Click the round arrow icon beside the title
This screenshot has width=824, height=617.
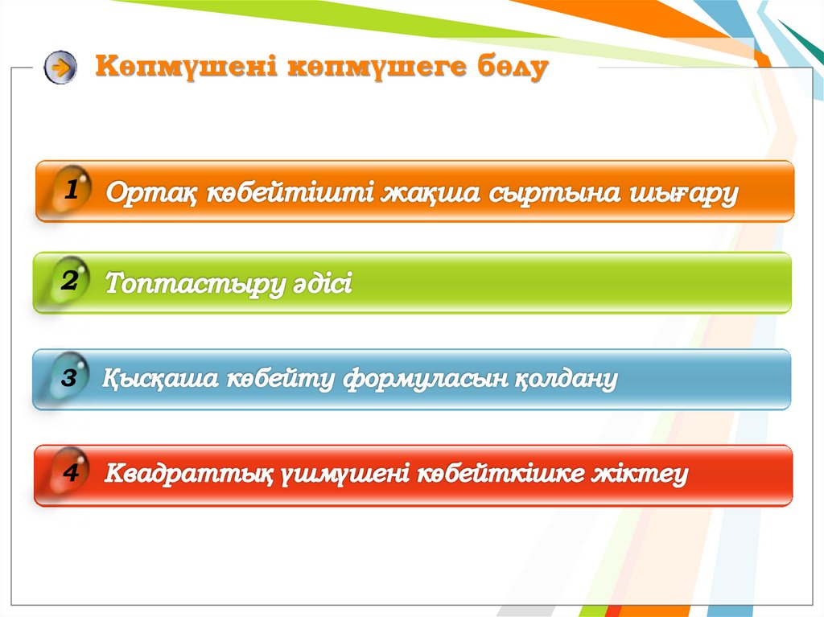click(x=60, y=68)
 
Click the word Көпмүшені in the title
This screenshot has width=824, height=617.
click(x=186, y=67)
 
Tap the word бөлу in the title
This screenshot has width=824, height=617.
click(x=513, y=68)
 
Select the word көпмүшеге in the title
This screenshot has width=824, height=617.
click(x=377, y=68)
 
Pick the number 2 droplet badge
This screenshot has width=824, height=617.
click(x=71, y=281)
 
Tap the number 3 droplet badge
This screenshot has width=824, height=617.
click(x=69, y=376)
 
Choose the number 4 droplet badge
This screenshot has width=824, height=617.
click(x=71, y=471)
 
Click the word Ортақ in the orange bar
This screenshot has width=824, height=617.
click(x=151, y=193)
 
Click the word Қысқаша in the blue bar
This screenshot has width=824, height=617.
click(x=160, y=378)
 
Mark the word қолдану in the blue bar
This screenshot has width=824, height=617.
click(x=566, y=379)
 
